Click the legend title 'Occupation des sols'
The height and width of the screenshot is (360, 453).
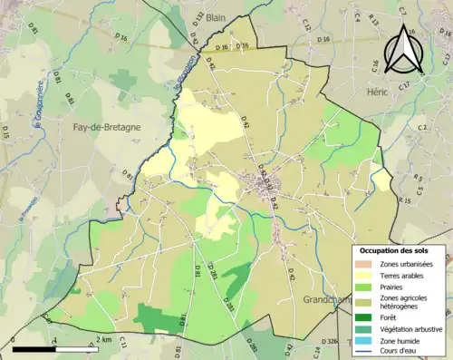point(393,250)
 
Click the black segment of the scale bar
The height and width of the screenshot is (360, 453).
point(34,348)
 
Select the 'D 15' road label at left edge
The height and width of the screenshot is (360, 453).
point(5,132)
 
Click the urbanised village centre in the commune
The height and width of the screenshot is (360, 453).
point(267,187)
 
